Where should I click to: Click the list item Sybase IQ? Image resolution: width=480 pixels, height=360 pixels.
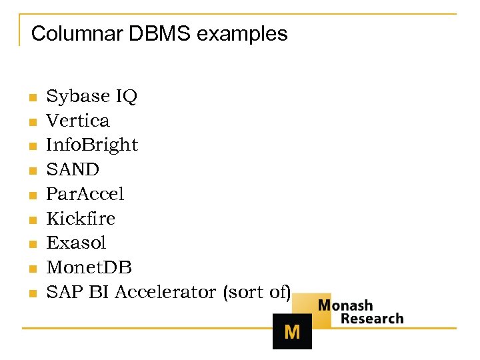(91, 96)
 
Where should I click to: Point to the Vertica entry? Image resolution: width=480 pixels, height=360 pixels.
(77, 121)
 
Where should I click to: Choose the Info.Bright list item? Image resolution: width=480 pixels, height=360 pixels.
(92, 145)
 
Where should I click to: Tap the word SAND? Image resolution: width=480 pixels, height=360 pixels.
(72, 169)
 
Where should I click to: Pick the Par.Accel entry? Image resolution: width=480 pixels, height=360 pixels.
(85, 194)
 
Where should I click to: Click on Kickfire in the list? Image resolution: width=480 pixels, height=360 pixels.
(81, 218)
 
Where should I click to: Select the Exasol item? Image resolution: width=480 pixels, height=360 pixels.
(76, 243)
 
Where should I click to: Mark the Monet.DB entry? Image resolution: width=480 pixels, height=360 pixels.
(89, 267)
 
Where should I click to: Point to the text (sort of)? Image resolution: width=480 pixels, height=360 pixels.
(257, 292)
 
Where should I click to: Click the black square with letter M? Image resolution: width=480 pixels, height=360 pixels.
(292, 331)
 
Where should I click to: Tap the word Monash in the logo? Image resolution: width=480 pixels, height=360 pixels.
(345, 305)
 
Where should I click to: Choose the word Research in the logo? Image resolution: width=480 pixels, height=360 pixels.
(372, 319)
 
